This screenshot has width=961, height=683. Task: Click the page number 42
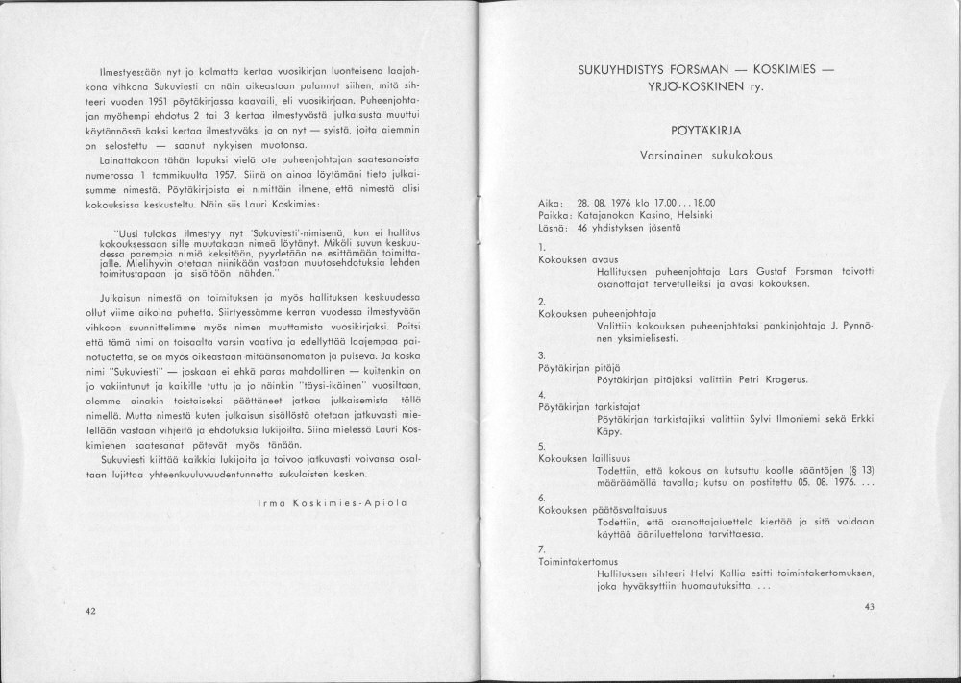[x=90, y=611]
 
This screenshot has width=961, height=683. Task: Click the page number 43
[x=870, y=606]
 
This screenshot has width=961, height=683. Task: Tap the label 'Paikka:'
[x=556, y=215]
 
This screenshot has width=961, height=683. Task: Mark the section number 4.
[x=542, y=394]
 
